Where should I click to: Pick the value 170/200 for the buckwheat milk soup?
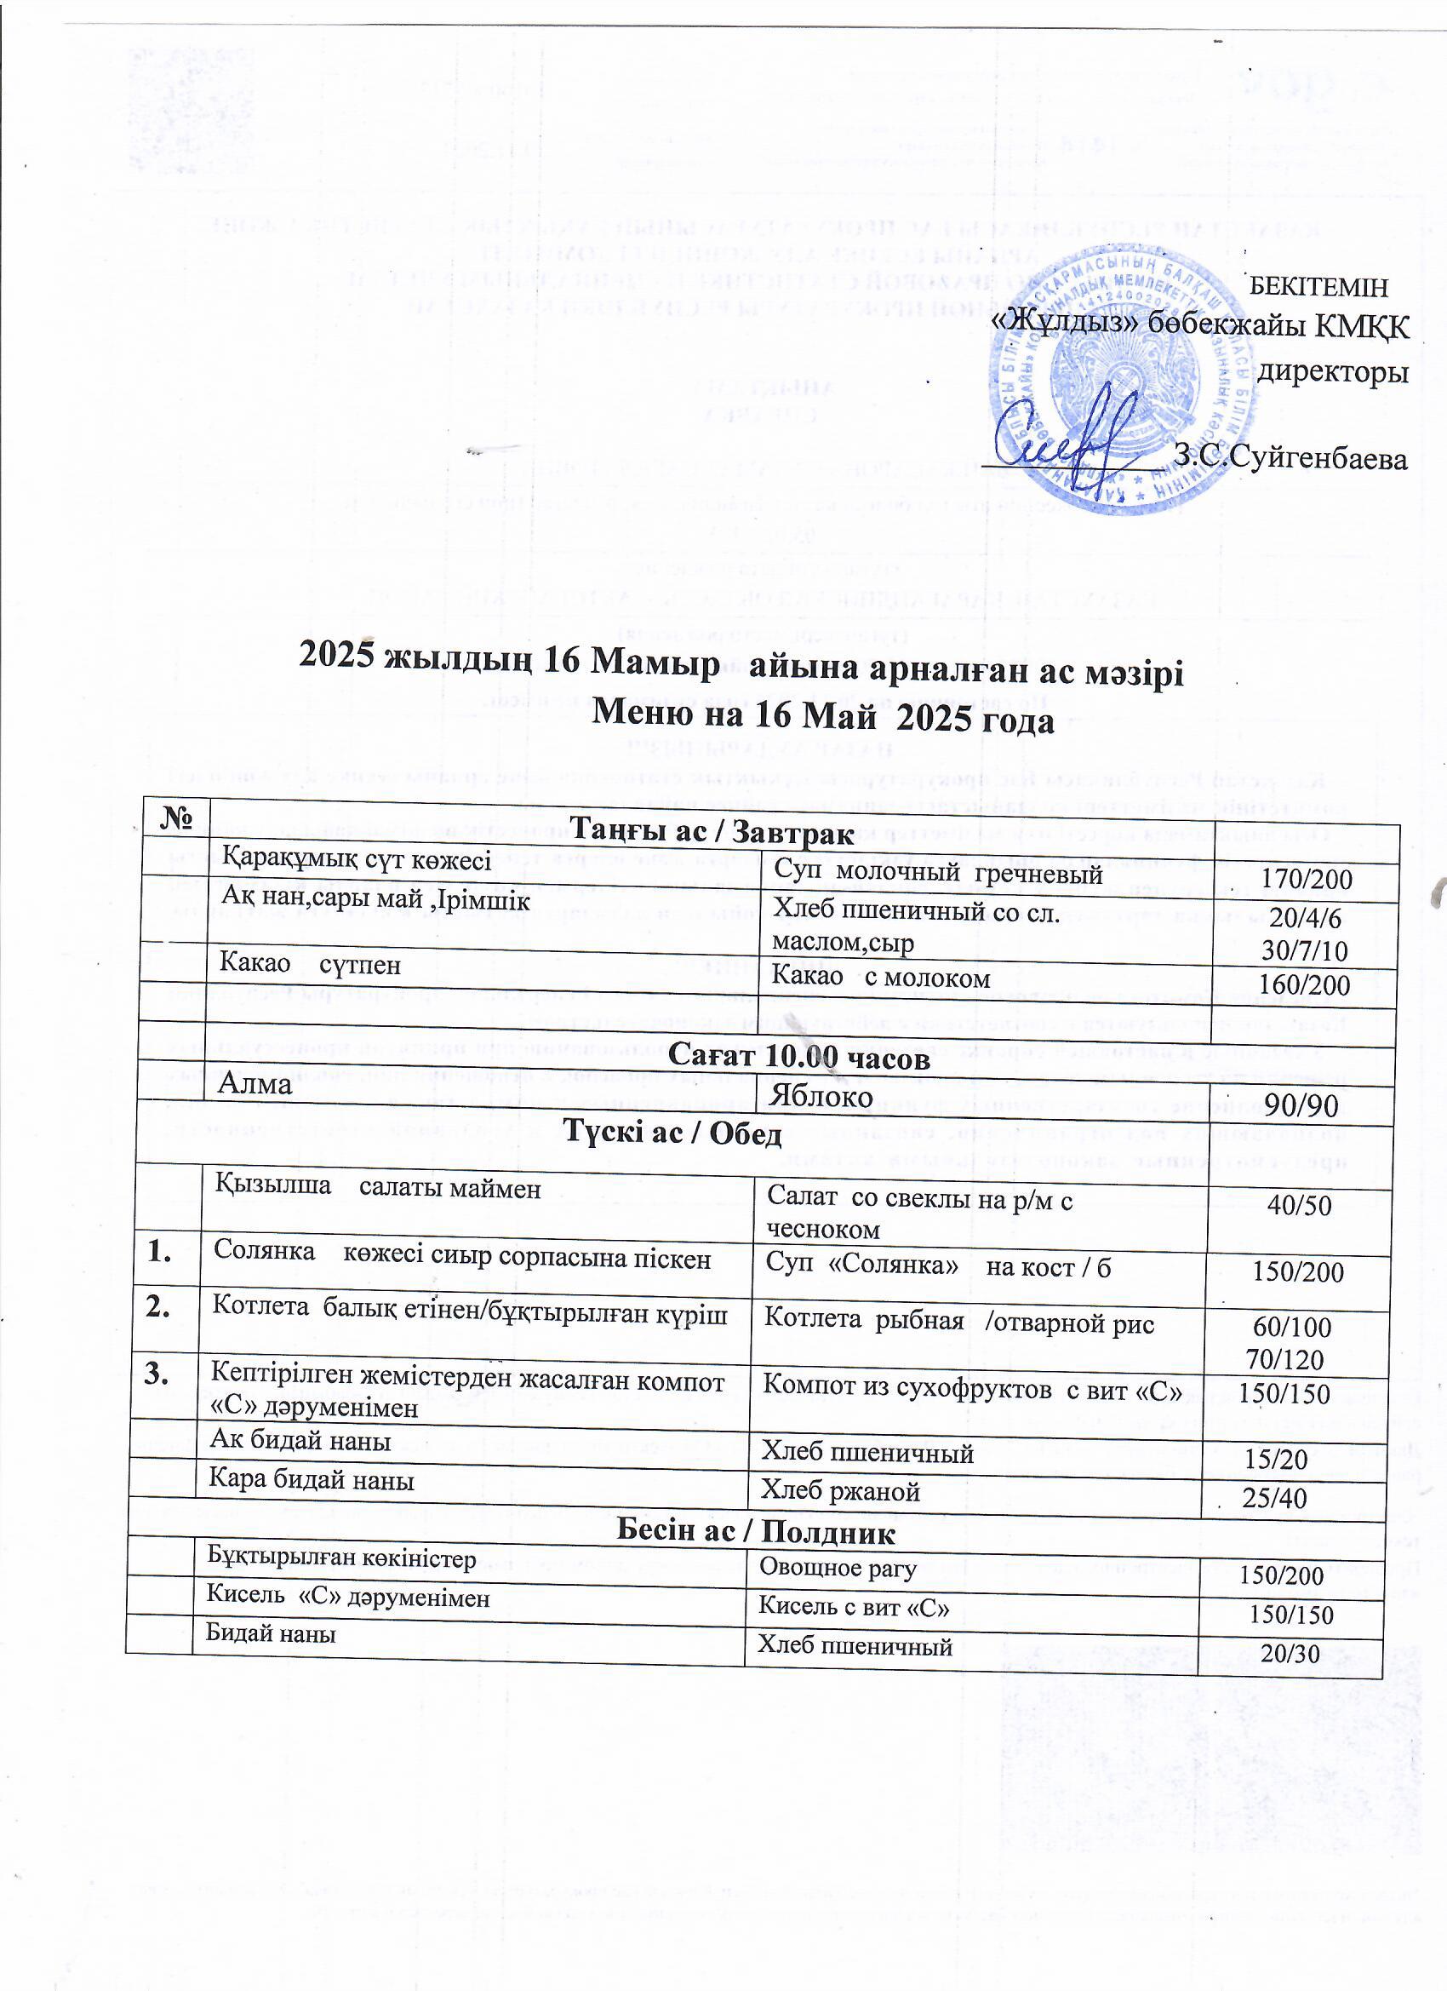coord(1306,879)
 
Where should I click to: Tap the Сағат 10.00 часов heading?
coord(798,1059)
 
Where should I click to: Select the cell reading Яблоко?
coord(821,1098)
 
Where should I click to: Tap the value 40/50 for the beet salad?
coord(1299,1205)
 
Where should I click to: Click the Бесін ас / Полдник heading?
coord(757,1533)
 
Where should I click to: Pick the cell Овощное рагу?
coord(838,1567)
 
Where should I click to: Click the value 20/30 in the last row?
coord(1290,1654)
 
